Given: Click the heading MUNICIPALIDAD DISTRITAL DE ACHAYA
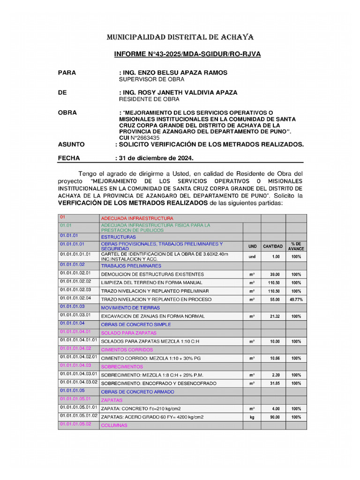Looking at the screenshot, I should click(180, 37).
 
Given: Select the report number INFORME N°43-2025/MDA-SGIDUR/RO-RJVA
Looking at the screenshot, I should click(187, 54).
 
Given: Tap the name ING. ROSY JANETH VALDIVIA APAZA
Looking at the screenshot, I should click(179, 92).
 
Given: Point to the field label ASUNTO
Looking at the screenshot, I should click(71, 145).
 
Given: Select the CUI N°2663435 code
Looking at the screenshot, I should click(139, 138).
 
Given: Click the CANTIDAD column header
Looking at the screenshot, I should click(273, 247).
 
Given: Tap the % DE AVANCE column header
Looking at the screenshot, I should click(296, 247).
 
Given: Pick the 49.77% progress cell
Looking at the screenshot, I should click(296, 300).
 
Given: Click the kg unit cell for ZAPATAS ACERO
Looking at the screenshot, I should click(252, 417).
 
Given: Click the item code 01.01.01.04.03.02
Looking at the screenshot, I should click(78, 382).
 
